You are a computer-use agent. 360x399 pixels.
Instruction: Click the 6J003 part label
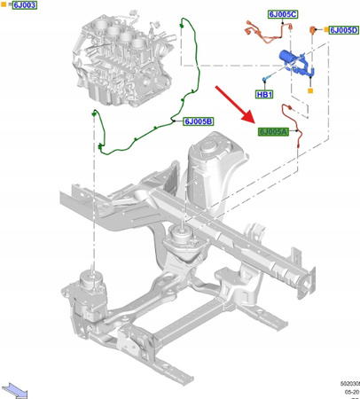(23, 5)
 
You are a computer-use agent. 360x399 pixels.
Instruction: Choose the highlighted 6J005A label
(273, 132)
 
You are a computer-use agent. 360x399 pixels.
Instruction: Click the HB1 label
(264, 94)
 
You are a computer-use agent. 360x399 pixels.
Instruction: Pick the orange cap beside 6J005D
(311, 31)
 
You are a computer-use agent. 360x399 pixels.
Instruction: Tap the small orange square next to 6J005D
(326, 30)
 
